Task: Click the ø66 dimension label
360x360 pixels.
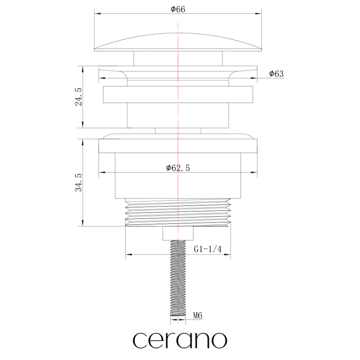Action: click(x=178, y=9)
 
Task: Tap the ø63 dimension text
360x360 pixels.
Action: click(x=276, y=74)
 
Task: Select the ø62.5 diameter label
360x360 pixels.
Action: click(x=178, y=168)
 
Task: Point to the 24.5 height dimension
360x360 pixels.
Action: click(x=78, y=97)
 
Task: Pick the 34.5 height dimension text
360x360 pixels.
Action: click(x=78, y=183)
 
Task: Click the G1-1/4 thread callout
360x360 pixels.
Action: click(x=208, y=249)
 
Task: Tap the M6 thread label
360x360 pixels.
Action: click(x=198, y=315)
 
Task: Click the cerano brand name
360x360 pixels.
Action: click(x=180, y=341)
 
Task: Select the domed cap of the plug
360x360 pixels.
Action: click(x=178, y=42)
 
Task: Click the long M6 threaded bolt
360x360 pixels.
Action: click(x=178, y=278)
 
